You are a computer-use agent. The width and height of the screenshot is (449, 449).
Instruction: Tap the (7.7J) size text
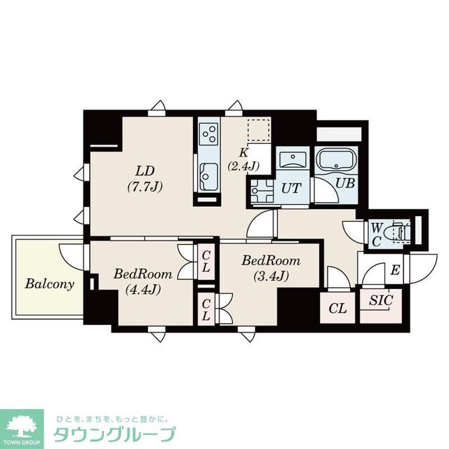[145, 187]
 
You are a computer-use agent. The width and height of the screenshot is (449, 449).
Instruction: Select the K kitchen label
[243, 152]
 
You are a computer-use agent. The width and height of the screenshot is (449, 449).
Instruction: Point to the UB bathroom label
[344, 184]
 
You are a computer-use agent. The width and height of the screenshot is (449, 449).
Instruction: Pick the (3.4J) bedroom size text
[271, 276]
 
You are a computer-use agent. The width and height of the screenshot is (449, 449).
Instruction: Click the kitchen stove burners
[208, 131]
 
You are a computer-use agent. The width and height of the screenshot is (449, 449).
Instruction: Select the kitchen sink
[208, 173]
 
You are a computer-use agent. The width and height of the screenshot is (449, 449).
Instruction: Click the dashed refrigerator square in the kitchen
[259, 131]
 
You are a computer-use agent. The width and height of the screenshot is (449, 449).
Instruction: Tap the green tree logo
[22, 424]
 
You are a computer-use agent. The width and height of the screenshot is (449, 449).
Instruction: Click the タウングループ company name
[114, 432]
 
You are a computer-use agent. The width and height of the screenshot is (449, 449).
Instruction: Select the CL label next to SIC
[337, 307]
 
